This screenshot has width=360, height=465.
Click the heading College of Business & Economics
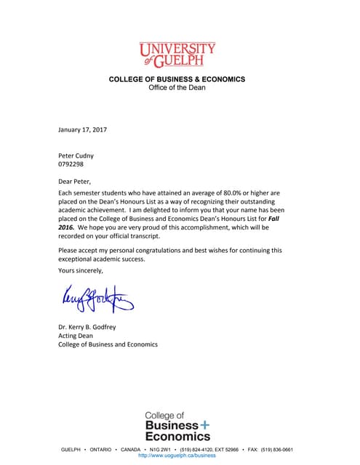pos(177,78)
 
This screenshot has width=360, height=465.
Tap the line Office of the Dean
pos(177,87)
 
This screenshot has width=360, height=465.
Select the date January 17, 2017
pos(82,129)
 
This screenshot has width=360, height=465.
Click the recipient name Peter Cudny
pos(76,155)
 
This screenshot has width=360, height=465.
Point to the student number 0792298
pos(72,165)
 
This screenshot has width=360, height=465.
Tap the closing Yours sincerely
pos(81,270)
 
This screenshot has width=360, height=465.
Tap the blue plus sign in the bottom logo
pos(205,424)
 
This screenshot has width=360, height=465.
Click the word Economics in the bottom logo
pos(177,436)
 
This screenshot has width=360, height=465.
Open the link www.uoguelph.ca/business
pos(177,456)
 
